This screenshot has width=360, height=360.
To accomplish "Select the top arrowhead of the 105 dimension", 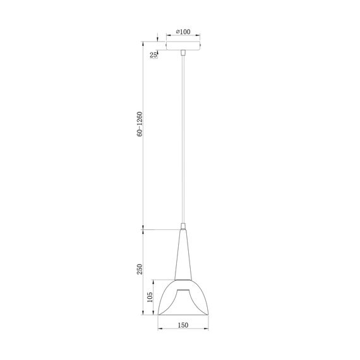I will [x=156, y=282].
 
